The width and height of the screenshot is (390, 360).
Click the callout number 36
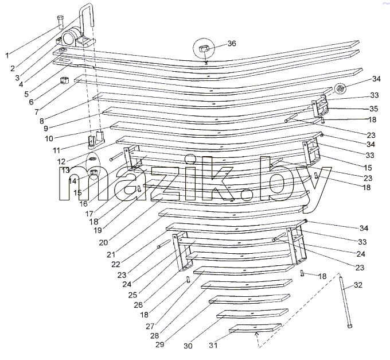[x=232, y=43]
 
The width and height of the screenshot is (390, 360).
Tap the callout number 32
[x=358, y=285]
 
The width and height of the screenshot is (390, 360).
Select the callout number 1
[x=7, y=55]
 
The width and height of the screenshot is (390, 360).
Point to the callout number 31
[x=213, y=345]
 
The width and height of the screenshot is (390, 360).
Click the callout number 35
[x=373, y=109]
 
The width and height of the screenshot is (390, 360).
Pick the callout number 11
[x=56, y=150]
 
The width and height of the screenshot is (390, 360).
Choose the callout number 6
[x=31, y=102]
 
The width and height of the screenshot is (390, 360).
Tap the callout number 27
[x=150, y=326]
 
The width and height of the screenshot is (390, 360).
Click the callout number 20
[x=103, y=242]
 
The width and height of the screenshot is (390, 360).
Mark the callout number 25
[x=132, y=295]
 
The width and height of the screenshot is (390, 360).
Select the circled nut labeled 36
[x=204, y=48]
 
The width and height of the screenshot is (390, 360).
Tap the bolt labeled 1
[x=60, y=22]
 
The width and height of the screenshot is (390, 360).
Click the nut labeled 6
[x=64, y=80]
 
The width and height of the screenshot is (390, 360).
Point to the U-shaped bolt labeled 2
[x=86, y=15]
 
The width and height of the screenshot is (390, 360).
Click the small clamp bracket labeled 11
[x=96, y=140]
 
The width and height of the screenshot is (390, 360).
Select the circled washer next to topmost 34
[x=339, y=88]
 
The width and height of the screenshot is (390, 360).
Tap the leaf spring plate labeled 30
[x=252, y=313]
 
